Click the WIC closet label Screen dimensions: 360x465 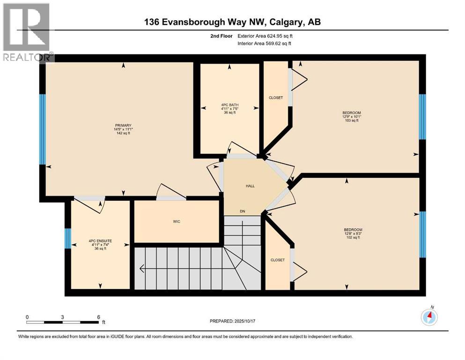(x=177, y=221)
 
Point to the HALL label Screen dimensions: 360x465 (x=250, y=186)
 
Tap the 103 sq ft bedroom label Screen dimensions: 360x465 (x=351, y=117)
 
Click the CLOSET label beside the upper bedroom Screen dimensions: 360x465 (x=275, y=97)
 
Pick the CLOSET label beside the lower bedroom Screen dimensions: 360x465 (x=278, y=260)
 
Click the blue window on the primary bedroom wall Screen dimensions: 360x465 (x=42, y=129)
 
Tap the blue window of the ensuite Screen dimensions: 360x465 (x=67, y=239)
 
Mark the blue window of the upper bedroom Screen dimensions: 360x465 (x=422, y=117)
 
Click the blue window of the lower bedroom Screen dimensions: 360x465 (x=423, y=234)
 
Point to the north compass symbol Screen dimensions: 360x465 (x=429, y=317)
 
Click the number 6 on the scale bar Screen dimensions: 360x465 (x=98, y=317)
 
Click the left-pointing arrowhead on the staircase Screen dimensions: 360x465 (x=141, y=269)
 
